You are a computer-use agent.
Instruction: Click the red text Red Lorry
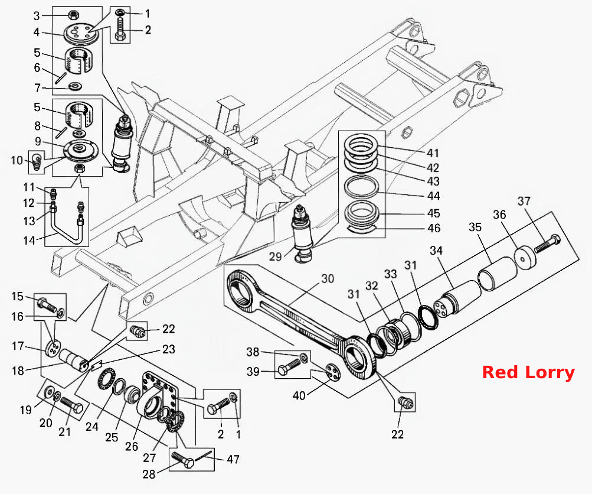pyautogui.click(x=529, y=372)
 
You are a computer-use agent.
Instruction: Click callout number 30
pyautogui.click(x=328, y=278)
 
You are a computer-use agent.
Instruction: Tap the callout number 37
pyautogui.click(x=524, y=201)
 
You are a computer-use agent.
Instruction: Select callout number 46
pyautogui.click(x=433, y=228)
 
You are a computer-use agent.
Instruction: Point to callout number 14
pyautogui.click(x=29, y=240)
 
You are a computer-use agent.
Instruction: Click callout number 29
pyautogui.click(x=275, y=256)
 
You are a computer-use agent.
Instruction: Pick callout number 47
pyautogui.click(x=233, y=459)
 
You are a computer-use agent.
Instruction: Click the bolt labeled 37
pyautogui.click(x=547, y=244)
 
